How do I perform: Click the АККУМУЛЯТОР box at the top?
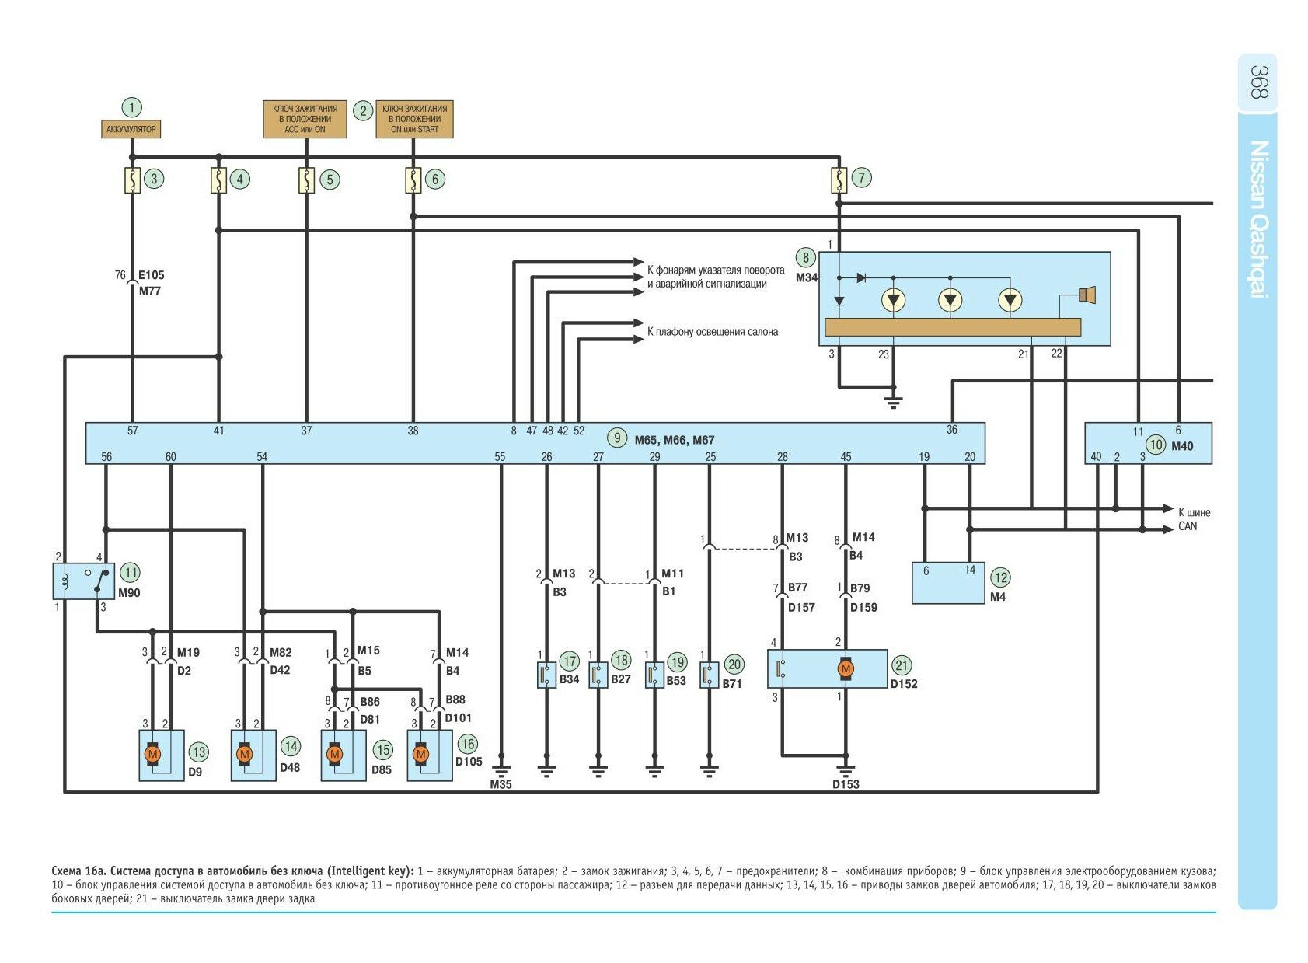tap(131, 129)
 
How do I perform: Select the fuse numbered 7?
tap(839, 180)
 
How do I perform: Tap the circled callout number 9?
tap(617, 438)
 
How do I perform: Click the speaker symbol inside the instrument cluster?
tap(1087, 295)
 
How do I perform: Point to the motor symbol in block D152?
tap(846, 668)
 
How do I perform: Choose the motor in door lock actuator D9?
tap(152, 754)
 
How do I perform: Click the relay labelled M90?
tap(83, 581)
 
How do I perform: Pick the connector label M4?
tap(998, 597)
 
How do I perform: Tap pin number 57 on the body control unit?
tap(132, 431)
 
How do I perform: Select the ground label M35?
tap(501, 784)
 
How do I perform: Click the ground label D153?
tap(846, 784)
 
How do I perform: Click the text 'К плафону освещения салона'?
tap(712, 332)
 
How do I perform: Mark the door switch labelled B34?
tap(547, 675)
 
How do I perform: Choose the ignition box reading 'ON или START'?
tap(414, 119)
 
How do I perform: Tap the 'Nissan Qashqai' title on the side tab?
tap(1258, 218)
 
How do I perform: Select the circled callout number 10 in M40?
tap(1156, 445)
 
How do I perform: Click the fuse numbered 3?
tap(133, 180)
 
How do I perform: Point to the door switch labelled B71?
tap(709, 675)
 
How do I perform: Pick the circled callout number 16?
tap(467, 744)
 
